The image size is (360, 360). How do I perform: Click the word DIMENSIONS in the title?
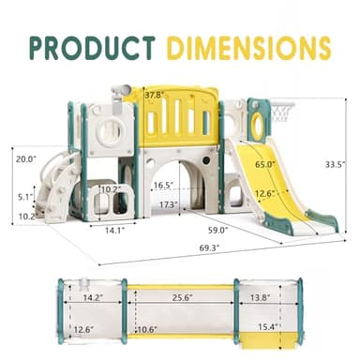[252, 46]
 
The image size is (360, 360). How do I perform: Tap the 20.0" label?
[26, 159]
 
